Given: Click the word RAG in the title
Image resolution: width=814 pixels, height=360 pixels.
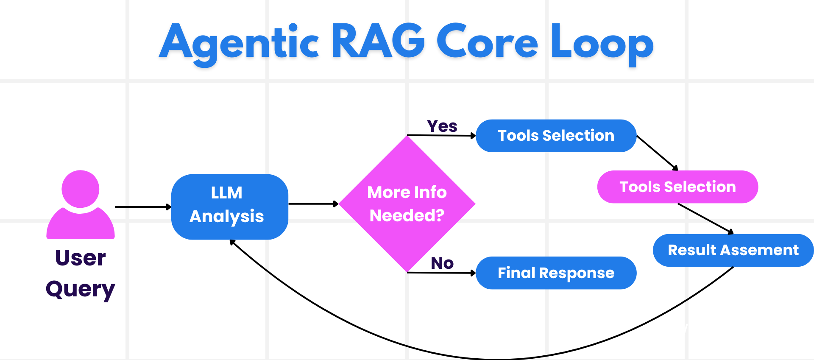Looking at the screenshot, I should [377, 42].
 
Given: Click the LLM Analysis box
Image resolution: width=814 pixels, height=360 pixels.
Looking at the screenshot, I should [229, 207].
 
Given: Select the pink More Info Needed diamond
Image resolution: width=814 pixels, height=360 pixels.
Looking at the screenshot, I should [407, 204].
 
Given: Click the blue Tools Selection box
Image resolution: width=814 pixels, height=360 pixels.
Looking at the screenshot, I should [556, 136].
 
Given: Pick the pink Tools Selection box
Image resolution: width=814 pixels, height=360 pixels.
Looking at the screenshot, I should [677, 187].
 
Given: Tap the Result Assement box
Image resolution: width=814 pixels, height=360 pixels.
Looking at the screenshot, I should [733, 250].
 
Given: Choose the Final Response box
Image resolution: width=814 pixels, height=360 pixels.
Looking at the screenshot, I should [556, 273].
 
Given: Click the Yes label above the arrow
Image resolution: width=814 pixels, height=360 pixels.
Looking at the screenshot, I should [442, 126].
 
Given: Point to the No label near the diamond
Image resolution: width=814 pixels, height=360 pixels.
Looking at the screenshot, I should [442, 263].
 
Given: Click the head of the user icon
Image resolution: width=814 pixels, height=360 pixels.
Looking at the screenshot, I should [80, 189].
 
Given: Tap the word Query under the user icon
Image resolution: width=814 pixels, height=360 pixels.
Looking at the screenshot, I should [80, 290].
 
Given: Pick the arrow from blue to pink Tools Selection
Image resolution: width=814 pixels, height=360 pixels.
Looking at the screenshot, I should [657, 153].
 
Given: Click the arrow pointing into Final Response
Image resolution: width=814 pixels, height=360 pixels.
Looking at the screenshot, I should [441, 273].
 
